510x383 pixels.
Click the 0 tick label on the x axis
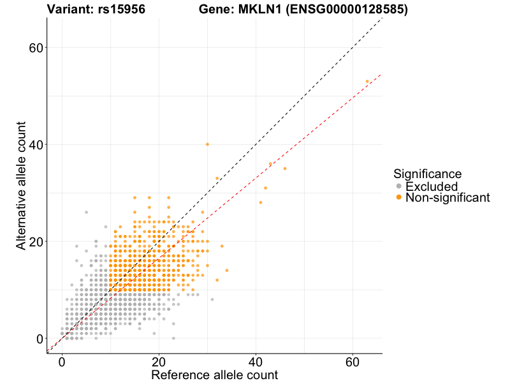[62, 361]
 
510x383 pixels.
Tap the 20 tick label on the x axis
[159, 361]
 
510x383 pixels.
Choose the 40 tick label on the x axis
[256, 361]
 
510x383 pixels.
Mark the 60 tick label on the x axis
[353, 361]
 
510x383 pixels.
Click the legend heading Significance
[427, 173]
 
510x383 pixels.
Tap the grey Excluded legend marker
[399, 186]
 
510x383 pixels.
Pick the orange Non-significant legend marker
[399, 198]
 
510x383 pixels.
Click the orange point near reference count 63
[367, 82]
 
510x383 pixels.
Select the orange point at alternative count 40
[207, 144]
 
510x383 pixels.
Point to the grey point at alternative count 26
[86, 212]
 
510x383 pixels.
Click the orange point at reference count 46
[285, 169]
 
